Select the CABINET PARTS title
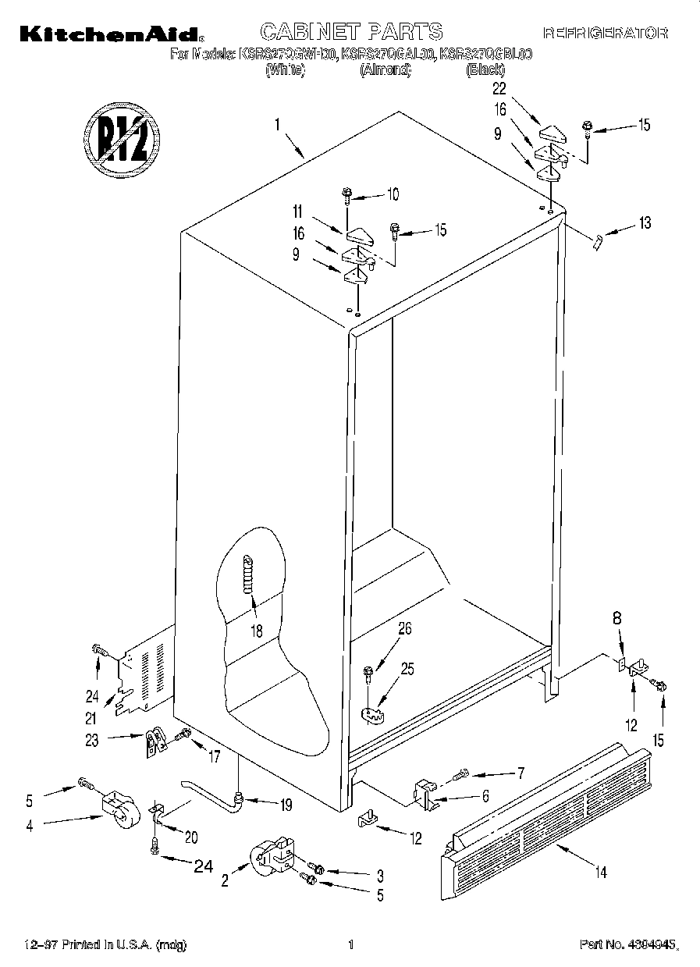pyautogui.click(x=350, y=31)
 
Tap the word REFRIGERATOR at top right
pyautogui.click(x=605, y=33)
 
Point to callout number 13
pyautogui.click(x=644, y=224)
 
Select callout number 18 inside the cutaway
pyautogui.click(x=256, y=631)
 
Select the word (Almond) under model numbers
pyautogui.click(x=384, y=69)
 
